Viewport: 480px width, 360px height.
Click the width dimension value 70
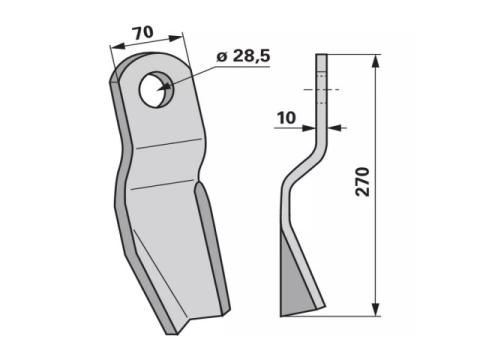pyautogui.click(x=143, y=33)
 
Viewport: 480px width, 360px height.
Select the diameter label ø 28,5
pyautogui.click(x=243, y=56)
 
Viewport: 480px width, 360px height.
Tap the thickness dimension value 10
pyautogui.click(x=286, y=118)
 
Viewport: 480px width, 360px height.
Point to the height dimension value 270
pyautogui.click(x=363, y=182)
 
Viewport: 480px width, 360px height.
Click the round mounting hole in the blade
pyautogui.click(x=155, y=89)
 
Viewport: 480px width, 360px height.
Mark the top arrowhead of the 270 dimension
pyautogui.click(x=376, y=61)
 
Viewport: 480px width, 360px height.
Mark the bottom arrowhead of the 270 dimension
pyautogui.click(x=376, y=310)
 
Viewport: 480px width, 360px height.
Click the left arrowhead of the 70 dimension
pyautogui.click(x=118, y=46)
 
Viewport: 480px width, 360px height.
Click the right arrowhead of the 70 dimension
pyautogui.click(x=176, y=38)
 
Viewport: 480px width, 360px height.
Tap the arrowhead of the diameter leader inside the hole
pyautogui.click(x=164, y=87)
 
